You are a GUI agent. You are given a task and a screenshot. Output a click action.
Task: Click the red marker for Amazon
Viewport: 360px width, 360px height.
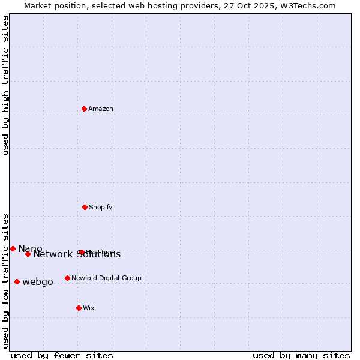point(85,109)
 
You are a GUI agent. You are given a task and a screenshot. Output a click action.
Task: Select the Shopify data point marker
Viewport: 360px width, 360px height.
point(85,207)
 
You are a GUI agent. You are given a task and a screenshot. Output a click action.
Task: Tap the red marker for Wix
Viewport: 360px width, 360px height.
point(79,308)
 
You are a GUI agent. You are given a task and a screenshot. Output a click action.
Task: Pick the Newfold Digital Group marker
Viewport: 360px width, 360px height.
point(67,278)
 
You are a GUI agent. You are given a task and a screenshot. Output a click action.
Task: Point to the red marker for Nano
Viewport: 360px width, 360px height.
point(13,248)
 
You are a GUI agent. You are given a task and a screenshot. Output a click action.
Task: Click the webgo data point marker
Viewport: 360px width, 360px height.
point(17,281)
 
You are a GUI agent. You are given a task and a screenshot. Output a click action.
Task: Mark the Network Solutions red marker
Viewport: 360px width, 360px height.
point(28,254)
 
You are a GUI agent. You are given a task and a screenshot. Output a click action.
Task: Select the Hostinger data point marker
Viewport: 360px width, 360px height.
point(82,252)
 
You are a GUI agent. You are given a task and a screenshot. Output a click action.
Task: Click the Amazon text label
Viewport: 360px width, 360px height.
point(101,109)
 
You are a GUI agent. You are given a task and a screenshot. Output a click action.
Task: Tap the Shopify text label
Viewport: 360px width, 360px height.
point(101,208)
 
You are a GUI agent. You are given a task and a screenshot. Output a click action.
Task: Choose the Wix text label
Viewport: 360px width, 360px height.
point(89,308)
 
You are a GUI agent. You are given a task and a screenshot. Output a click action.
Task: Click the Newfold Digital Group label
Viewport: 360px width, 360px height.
point(106,278)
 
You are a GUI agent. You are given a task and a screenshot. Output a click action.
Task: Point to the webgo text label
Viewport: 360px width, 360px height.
point(38,282)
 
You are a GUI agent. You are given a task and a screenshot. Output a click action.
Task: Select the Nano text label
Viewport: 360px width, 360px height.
point(30,248)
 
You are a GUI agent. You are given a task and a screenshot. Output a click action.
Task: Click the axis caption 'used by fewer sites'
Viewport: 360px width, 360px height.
point(62,356)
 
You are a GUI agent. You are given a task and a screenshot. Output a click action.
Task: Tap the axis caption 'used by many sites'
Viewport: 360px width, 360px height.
point(301,356)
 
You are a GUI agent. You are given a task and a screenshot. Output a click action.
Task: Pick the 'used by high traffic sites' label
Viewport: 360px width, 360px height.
point(5,85)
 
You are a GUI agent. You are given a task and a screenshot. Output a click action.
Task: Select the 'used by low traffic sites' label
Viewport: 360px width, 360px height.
point(5,281)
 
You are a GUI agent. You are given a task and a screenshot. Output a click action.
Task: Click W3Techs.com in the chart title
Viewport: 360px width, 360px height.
point(307,5)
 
